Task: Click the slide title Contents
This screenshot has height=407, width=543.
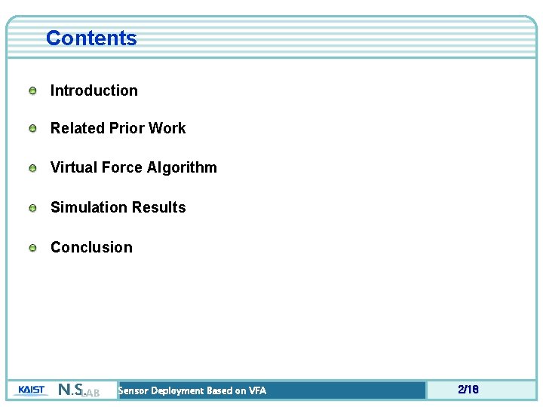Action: coord(91,38)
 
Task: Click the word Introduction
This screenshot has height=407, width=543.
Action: coord(94,90)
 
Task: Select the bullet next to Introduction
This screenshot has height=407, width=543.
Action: coord(33,91)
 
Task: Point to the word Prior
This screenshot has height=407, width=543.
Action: coord(127,128)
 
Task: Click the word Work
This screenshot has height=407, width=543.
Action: coord(167,128)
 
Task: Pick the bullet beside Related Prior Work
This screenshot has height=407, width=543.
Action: coord(33,129)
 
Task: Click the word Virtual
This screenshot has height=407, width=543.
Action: coord(73,167)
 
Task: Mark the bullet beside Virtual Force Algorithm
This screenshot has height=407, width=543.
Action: coord(33,168)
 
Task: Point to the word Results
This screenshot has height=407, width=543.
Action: coord(158,207)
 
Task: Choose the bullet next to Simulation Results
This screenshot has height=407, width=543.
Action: coord(33,208)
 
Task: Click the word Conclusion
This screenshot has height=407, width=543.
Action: coord(91,247)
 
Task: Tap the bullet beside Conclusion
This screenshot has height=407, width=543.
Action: coord(33,248)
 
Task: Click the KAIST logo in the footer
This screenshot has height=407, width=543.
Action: coord(31,390)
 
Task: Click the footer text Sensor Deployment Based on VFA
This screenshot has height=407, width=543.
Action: coord(192,390)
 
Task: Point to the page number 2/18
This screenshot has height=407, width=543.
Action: coord(468,390)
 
